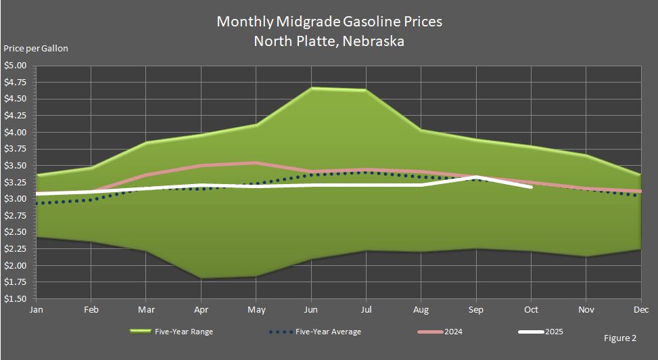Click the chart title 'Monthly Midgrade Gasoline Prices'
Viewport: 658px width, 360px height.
pyautogui.click(x=329, y=22)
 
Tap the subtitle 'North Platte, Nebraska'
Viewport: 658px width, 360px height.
pyautogui.click(x=329, y=41)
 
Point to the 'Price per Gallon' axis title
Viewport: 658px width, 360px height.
pyautogui.click(x=36, y=49)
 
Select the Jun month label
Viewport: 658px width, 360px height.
pyautogui.click(x=311, y=310)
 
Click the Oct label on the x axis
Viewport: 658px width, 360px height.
pyautogui.click(x=532, y=310)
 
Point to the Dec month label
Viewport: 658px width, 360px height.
pyautogui.click(x=640, y=310)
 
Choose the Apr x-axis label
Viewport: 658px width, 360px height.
pyautogui.click(x=201, y=310)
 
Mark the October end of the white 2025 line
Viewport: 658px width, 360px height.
pyautogui.click(x=532, y=187)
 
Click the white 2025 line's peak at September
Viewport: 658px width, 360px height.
pyautogui.click(x=477, y=177)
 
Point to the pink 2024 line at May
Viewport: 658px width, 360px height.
pyautogui.click(x=256, y=162)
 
